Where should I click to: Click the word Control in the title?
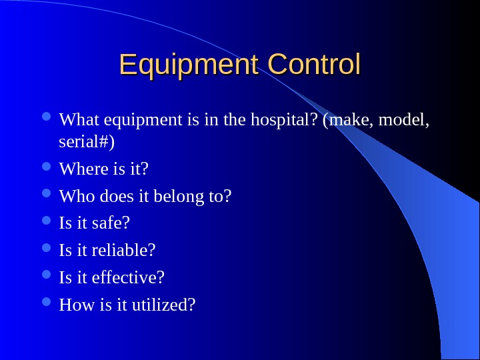click(x=313, y=65)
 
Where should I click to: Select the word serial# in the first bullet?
click(x=86, y=142)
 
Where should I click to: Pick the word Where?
click(x=79, y=170)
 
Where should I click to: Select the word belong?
click(x=176, y=197)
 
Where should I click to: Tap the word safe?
click(x=111, y=223)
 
